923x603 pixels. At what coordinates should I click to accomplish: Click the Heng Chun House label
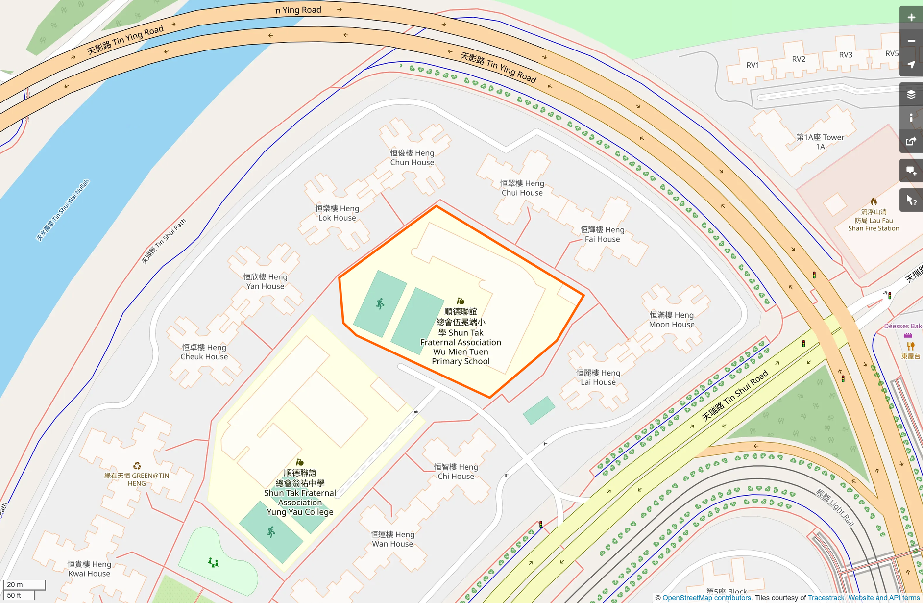412,158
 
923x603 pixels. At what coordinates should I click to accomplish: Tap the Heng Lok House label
337,213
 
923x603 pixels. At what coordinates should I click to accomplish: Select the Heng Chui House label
522,188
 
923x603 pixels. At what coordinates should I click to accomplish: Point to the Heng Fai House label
602,234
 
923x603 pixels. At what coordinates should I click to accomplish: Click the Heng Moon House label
672,320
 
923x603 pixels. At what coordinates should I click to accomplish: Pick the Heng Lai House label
598,377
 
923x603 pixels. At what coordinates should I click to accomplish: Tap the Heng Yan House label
265,281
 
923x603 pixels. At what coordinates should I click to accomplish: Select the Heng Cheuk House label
204,352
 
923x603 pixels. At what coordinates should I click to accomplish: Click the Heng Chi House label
456,472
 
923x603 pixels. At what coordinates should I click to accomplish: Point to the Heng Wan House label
392,539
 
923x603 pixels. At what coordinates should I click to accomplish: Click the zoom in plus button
911,18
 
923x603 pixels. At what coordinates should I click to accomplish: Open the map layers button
911,94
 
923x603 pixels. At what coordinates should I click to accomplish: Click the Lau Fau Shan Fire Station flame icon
874,201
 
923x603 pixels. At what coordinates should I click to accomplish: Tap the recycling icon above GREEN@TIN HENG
137,466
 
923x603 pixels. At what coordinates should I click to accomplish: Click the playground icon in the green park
213,562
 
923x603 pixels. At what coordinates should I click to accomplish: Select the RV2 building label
799,59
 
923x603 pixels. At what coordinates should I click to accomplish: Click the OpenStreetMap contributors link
706,598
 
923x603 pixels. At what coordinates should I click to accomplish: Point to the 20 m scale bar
24,585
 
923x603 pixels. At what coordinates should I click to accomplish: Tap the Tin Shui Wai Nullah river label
63,210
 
